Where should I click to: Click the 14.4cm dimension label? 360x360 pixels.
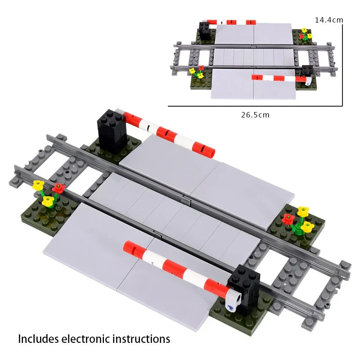[328, 20]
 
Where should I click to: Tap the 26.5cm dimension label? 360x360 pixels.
[255, 115]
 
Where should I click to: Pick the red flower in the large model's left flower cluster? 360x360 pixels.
[58, 188]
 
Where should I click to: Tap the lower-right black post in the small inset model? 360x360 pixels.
[307, 71]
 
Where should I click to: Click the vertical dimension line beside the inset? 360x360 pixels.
[343, 63]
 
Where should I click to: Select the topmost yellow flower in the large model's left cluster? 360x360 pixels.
[39, 184]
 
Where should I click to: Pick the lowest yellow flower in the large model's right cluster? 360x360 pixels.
[307, 226]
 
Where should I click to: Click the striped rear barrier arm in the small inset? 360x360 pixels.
[231, 22]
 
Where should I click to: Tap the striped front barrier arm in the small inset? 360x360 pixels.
[279, 78]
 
